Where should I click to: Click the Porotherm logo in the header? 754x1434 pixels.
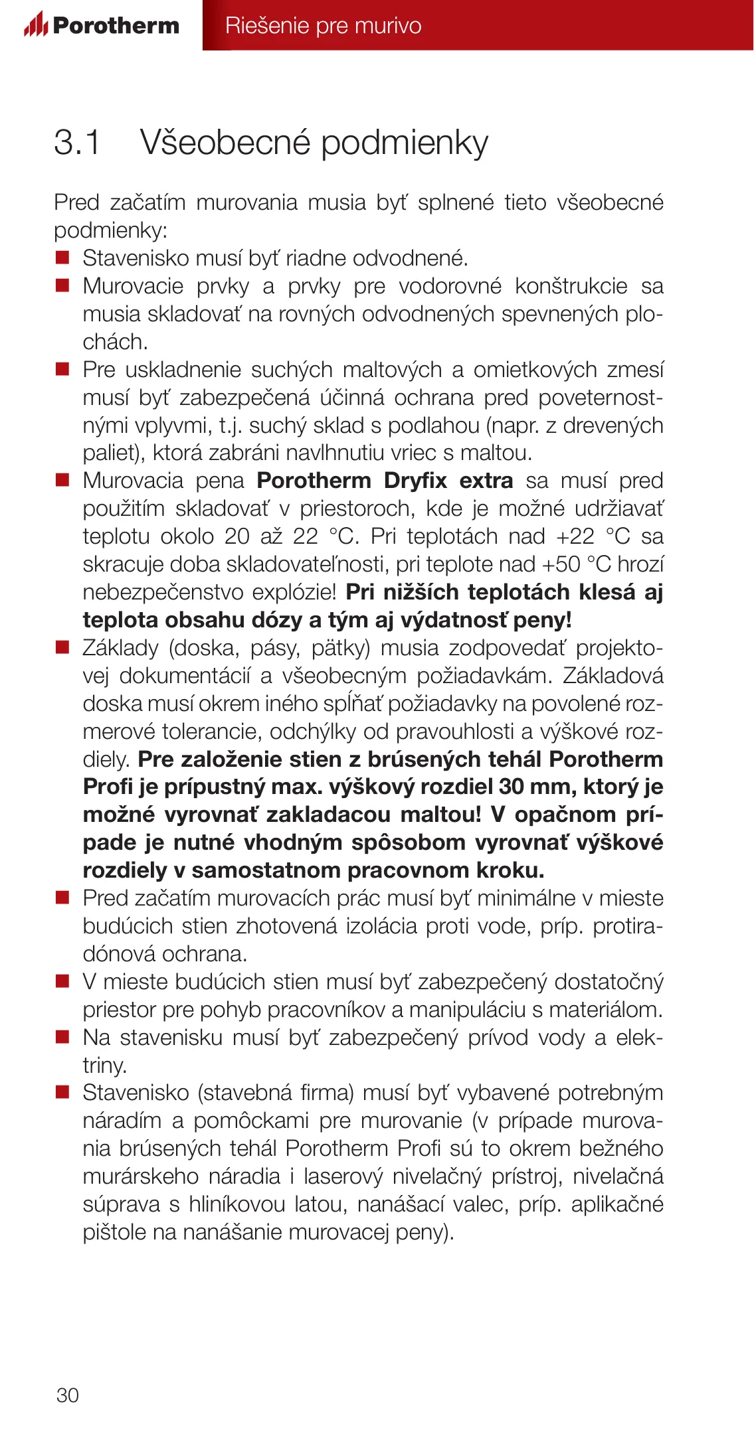tap(102, 25)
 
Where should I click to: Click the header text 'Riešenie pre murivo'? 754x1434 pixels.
tap(323, 25)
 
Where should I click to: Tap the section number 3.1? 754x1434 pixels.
tap(76, 142)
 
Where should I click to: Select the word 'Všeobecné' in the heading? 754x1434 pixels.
tap(225, 142)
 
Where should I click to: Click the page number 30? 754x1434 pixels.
tap(68, 1395)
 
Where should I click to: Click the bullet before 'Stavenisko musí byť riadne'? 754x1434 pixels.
tap(62, 258)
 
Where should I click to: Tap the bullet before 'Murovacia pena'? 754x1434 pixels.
tap(62, 480)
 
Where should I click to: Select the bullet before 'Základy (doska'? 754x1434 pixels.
tap(62, 647)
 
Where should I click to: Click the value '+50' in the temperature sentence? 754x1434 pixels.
tap(561, 564)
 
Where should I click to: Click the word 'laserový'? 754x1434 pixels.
tap(343, 1176)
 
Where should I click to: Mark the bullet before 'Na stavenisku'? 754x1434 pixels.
tap(62, 1037)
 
